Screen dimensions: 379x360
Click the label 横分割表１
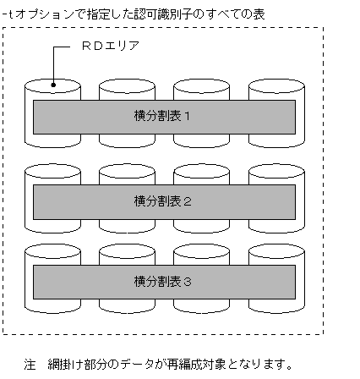(x=164, y=117)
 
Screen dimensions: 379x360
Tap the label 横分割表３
(x=164, y=281)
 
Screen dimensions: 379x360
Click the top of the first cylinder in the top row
(x=53, y=87)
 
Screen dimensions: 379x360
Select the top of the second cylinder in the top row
(x=127, y=87)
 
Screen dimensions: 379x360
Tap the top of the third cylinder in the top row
(x=201, y=87)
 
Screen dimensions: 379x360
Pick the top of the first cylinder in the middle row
(x=53, y=172)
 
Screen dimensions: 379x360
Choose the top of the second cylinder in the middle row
(x=127, y=172)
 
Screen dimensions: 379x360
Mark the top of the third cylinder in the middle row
(x=201, y=172)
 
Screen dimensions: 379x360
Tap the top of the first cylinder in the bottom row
(x=53, y=252)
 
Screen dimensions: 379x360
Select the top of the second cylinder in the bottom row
(x=127, y=252)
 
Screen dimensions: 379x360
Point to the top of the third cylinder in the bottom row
(x=201, y=252)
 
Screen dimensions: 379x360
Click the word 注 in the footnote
(x=30, y=365)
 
